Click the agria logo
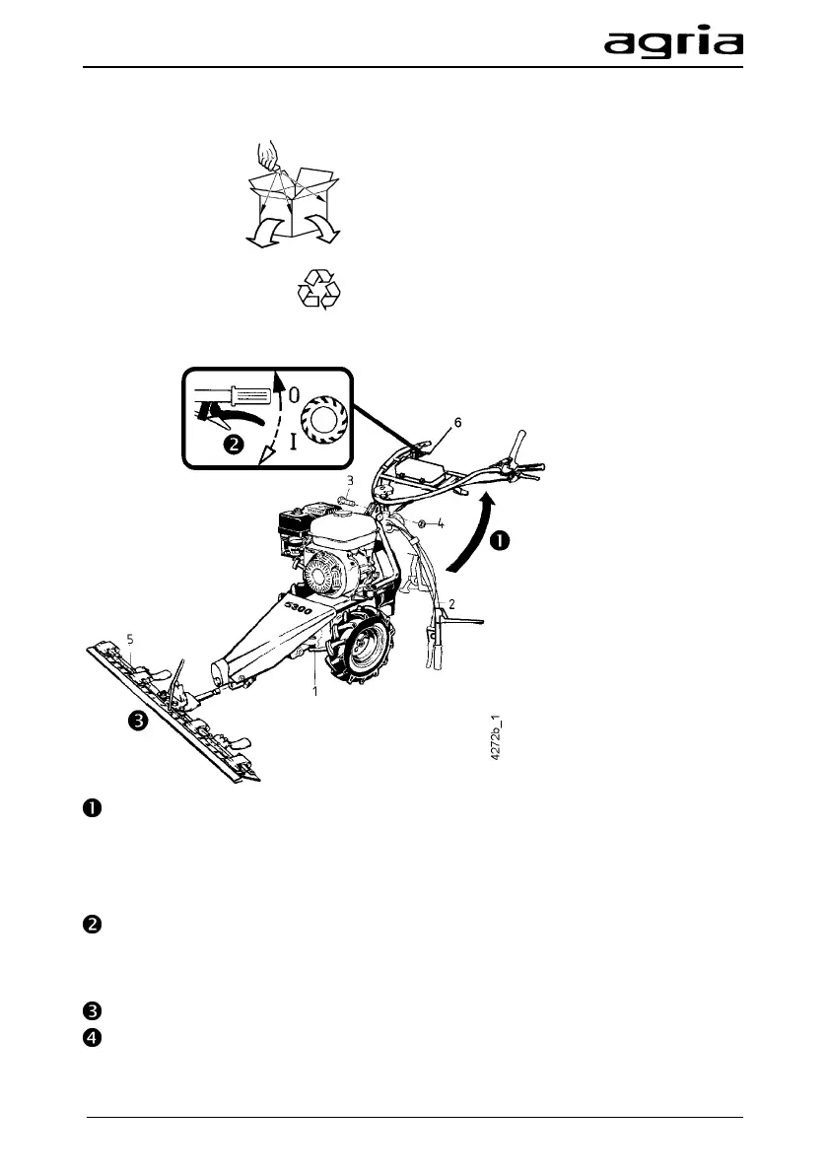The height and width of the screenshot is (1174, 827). (673, 43)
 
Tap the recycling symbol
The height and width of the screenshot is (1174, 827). (318, 291)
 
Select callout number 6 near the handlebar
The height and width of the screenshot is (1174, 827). (456, 421)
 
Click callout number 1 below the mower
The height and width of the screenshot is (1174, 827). (314, 692)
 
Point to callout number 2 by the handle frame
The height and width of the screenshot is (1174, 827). (450, 602)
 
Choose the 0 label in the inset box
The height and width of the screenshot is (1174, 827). (295, 394)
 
